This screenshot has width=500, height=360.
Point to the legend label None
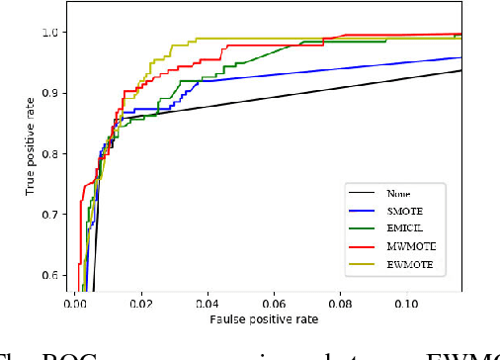coord(399,194)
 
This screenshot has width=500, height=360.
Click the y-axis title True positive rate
coord(30,152)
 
